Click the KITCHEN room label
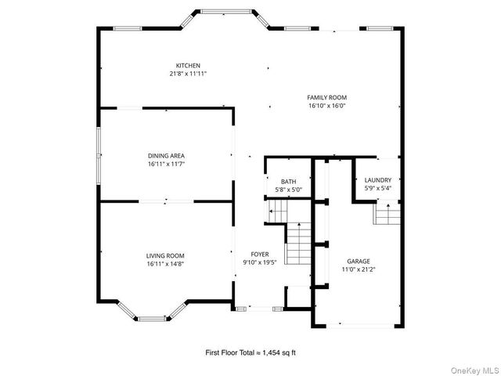(188, 65)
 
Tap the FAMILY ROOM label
(327, 97)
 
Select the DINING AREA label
(166, 156)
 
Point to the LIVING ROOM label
(165, 255)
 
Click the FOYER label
(260, 255)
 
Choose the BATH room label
(289, 182)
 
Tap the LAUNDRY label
(378, 180)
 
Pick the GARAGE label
(359, 261)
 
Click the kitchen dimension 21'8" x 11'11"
(188, 74)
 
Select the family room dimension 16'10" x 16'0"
(327, 106)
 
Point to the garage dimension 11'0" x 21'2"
(359, 269)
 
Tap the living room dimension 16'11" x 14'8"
(165, 264)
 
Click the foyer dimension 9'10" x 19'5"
(260, 263)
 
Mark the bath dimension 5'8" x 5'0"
(289, 190)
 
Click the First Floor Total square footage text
(250, 354)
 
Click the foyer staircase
(298, 244)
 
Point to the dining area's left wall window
(98, 155)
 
